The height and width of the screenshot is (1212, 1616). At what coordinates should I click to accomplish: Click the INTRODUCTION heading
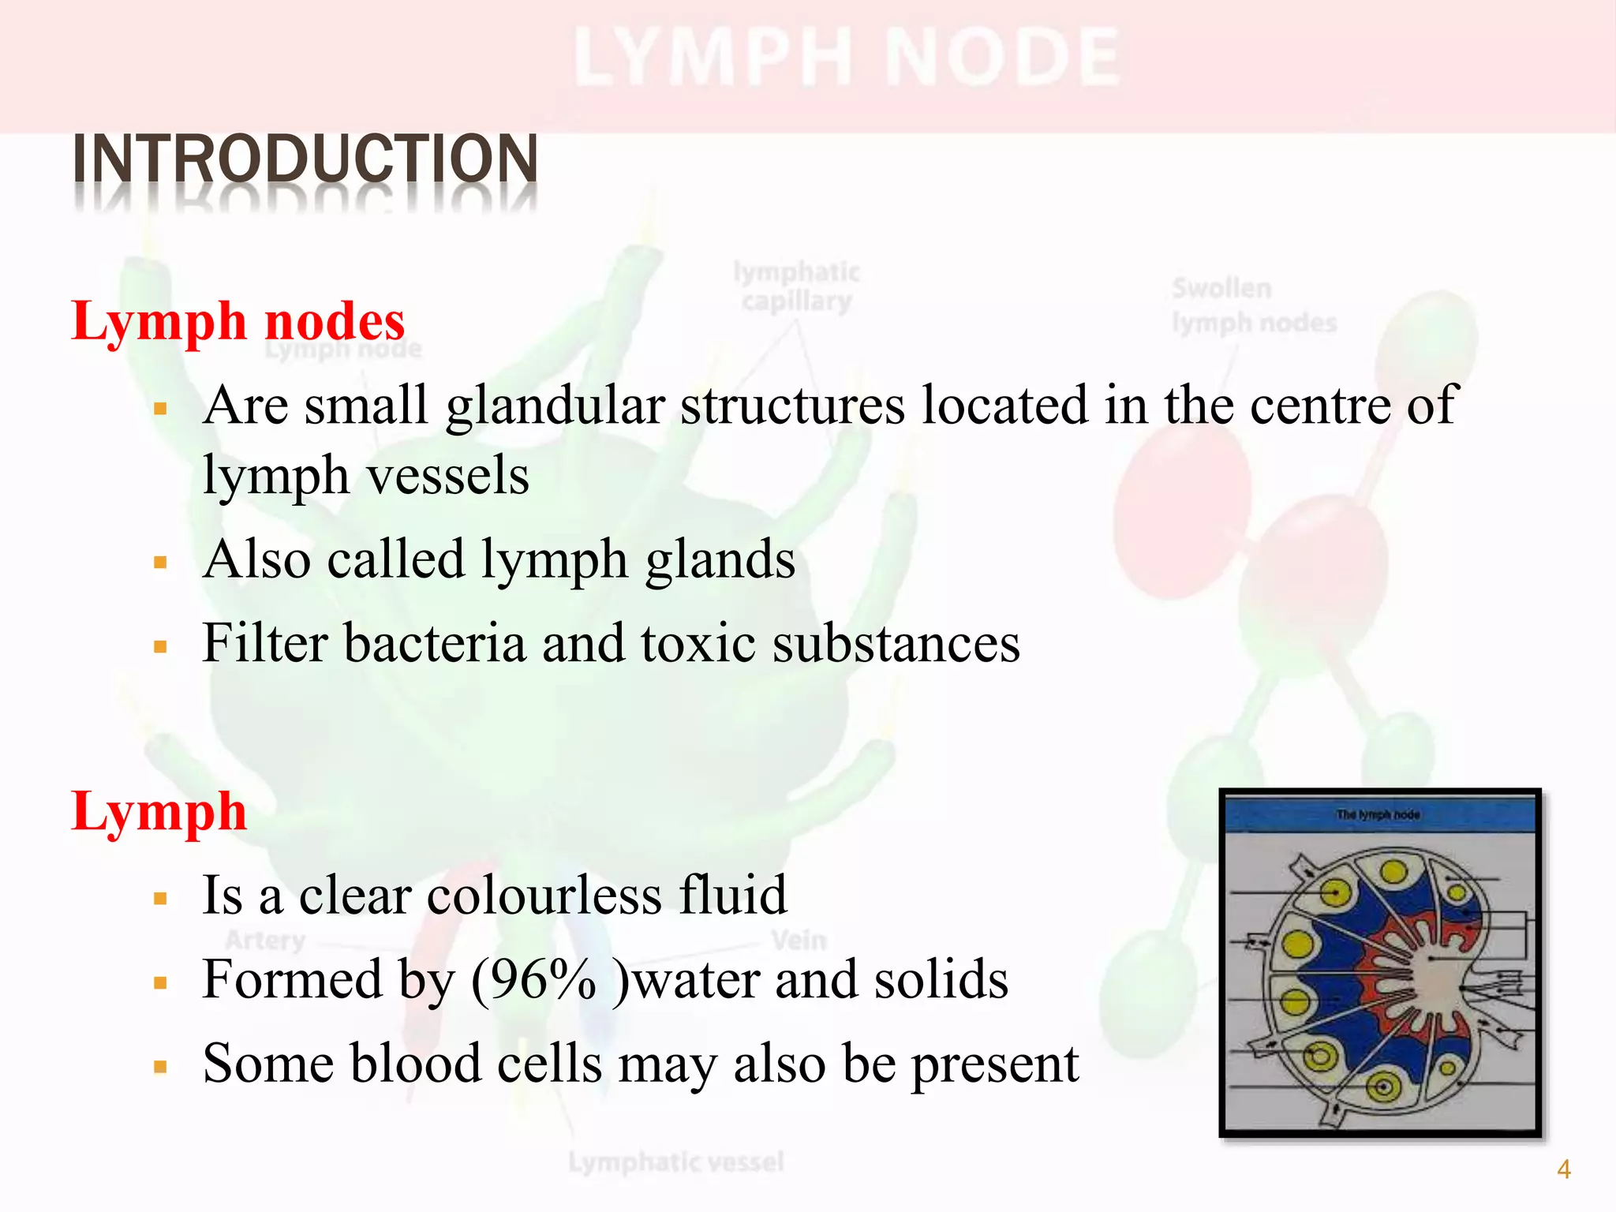click(x=305, y=159)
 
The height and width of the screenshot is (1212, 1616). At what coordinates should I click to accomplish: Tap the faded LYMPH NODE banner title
click(x=847, y=58)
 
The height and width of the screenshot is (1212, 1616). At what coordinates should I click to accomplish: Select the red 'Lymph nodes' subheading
click(x=238, y=322)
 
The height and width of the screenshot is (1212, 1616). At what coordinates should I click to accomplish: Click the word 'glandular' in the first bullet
click(x=555, y=406)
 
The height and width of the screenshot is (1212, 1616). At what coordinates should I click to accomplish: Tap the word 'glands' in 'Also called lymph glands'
click(x=720, y=559)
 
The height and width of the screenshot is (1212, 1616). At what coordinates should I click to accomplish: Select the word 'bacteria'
click(x=435, y=643)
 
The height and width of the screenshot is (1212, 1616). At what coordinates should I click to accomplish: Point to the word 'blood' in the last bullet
click(x=414, y=1064)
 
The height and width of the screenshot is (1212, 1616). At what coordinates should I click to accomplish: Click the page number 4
click(x=1563, y=1169)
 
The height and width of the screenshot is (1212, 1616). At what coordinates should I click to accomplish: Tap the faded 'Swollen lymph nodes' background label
click(x=1253, y=305)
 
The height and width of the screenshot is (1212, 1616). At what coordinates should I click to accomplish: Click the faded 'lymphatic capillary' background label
click(x=796, y=287)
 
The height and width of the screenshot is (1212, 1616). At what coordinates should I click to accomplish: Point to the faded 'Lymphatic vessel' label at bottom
click(x=676, y=1161)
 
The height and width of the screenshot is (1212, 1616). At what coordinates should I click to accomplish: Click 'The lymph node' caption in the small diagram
click(x=1378, y=814)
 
